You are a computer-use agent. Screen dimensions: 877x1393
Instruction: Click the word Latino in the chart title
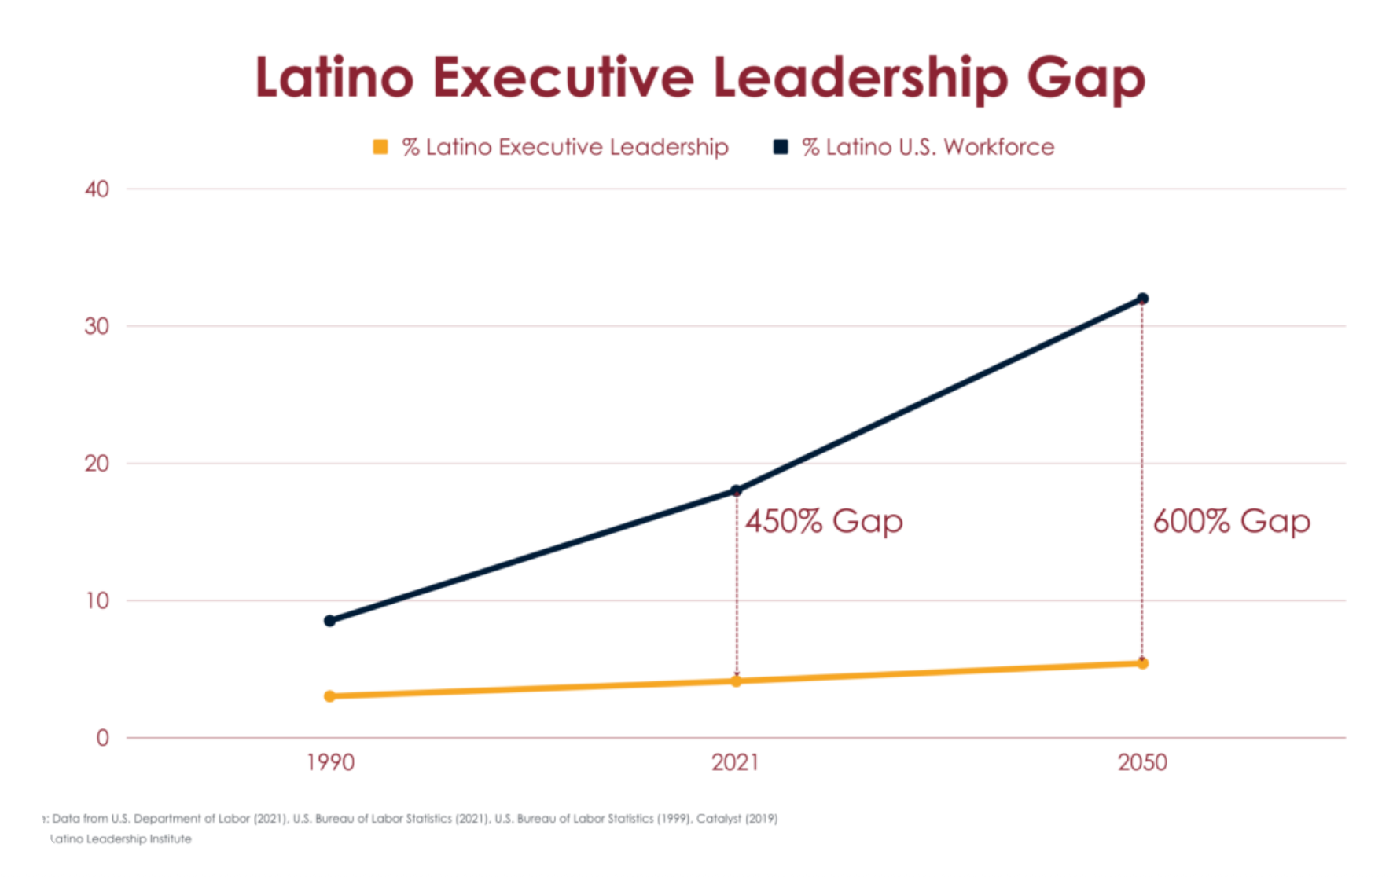coord(334,79)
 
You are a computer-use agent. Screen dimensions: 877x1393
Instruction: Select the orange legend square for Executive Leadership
coord(380,147)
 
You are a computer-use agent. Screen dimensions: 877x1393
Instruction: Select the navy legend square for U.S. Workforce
coord(781,147)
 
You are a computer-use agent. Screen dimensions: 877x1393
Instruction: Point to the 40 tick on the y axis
coord(97,189)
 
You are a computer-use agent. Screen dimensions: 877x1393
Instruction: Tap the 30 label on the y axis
coord(97,326)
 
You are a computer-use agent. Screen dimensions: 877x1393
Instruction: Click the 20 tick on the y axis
coord(97,464)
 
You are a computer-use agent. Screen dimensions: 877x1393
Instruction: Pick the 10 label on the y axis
coord(97,601)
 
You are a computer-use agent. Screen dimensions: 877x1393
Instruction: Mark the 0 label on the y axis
coord(102,738)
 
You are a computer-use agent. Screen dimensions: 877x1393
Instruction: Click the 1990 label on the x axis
coord(330,762)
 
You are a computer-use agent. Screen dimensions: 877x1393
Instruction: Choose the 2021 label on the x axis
coord(736,762)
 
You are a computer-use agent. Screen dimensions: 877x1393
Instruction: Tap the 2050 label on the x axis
coord(1142,762)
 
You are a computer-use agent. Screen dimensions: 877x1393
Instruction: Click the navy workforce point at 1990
coord(330,621)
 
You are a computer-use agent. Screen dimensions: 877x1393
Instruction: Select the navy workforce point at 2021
coord(737,491)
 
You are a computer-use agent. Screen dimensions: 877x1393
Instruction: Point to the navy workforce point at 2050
coord(1143,299)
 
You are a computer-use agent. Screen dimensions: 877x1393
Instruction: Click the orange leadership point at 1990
coord(330,696)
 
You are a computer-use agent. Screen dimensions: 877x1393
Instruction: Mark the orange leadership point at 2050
coord(1143,663)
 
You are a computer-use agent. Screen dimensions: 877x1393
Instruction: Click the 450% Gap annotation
coord(824,522)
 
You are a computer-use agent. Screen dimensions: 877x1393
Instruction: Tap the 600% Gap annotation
coord(1231,522)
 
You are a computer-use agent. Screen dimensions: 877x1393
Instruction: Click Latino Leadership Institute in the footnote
coord(121,839)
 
